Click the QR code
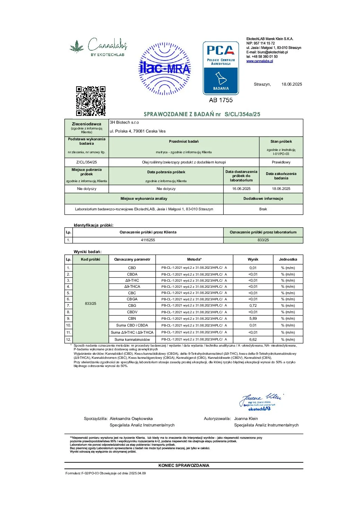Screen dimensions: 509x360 90,101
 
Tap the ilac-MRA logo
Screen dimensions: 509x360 165,69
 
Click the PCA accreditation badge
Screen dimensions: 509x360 221,68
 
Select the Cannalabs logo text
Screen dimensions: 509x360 107,45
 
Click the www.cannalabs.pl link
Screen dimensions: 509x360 259,61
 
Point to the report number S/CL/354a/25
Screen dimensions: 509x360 242,114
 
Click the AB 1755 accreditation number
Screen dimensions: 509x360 221,100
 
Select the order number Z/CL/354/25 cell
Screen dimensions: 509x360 87,162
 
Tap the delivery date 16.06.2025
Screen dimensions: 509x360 241,189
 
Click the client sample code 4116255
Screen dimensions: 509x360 148,240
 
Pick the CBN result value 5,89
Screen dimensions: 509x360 253,318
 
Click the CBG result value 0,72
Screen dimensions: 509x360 253,305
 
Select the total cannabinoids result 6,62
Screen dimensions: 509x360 253,339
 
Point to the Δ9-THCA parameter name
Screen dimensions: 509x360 132,286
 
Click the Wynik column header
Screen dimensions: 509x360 253,259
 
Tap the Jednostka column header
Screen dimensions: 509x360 288,259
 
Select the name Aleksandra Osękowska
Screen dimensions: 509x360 131,419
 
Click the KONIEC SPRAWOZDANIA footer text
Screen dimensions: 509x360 184,466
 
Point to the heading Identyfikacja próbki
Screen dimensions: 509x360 93,225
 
